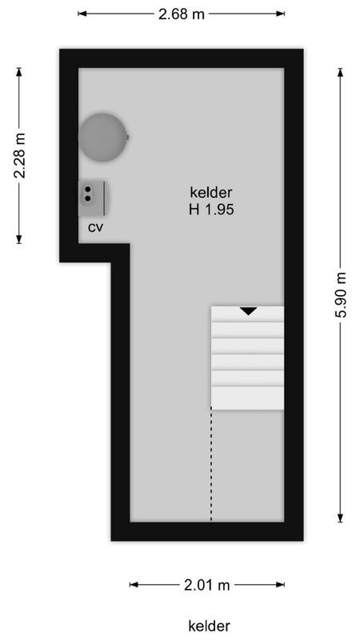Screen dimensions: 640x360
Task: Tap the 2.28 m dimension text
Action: [x=20, y=155]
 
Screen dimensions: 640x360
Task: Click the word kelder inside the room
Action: [x=210, y=193]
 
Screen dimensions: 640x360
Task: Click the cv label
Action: [x=96, y=227]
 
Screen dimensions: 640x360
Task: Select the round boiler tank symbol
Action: [x=102, y=137]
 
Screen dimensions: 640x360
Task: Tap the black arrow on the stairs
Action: [x=248, y=310]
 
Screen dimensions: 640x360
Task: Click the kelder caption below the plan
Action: [x=210, y=625]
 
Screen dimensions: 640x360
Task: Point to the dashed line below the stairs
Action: [x=211, y=464]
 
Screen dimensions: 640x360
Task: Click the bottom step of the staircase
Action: [x=247, y=398]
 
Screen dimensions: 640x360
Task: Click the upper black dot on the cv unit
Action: [x=86, y=190]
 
